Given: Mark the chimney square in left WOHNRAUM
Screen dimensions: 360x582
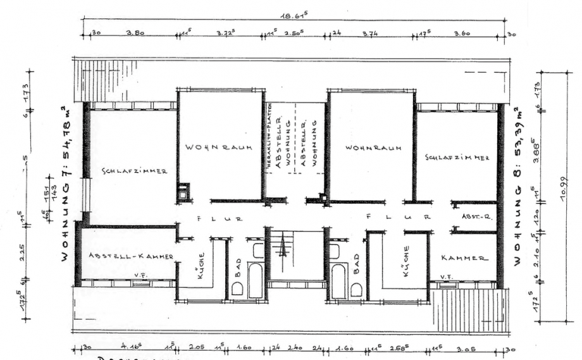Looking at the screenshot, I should [182, 191].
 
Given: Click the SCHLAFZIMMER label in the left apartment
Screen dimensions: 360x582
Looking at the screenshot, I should [134, 171].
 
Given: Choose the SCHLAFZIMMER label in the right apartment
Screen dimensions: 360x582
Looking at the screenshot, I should [457, 157].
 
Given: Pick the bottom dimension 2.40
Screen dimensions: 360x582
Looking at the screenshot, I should [296, 347].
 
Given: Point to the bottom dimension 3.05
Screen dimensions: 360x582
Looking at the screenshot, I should [467, 347].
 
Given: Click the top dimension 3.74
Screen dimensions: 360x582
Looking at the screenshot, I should [370, 34].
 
